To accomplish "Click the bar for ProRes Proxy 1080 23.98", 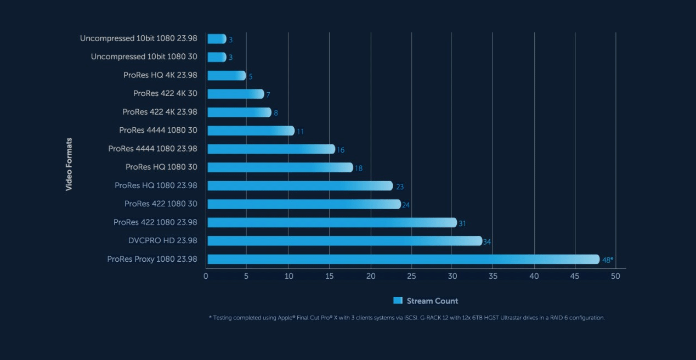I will pos(403,259).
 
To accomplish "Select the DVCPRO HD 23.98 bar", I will pos(344,241).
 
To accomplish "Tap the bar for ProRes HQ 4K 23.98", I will pos(227,76).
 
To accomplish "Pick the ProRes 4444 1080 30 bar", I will pos(251,131).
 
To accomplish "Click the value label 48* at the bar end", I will pos(607,260).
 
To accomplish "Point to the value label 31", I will pos(462,223).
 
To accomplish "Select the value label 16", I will pos(341,150).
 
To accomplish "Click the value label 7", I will pos(268,95).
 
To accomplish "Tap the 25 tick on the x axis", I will pos(411,277).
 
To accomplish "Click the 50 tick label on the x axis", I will pos(615,277).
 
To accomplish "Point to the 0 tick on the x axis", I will pos(206,277).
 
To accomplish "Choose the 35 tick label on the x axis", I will pos(493,277).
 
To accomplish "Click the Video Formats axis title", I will pos(69,164).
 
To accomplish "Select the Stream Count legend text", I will pos(432,301).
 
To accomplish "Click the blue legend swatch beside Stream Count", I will pos(398,301).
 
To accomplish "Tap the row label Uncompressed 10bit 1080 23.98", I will pos(138,38).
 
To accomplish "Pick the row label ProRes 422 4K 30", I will pos(165,93).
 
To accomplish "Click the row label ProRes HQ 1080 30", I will pos(161,167).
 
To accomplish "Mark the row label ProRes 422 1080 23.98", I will pos(155,222).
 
